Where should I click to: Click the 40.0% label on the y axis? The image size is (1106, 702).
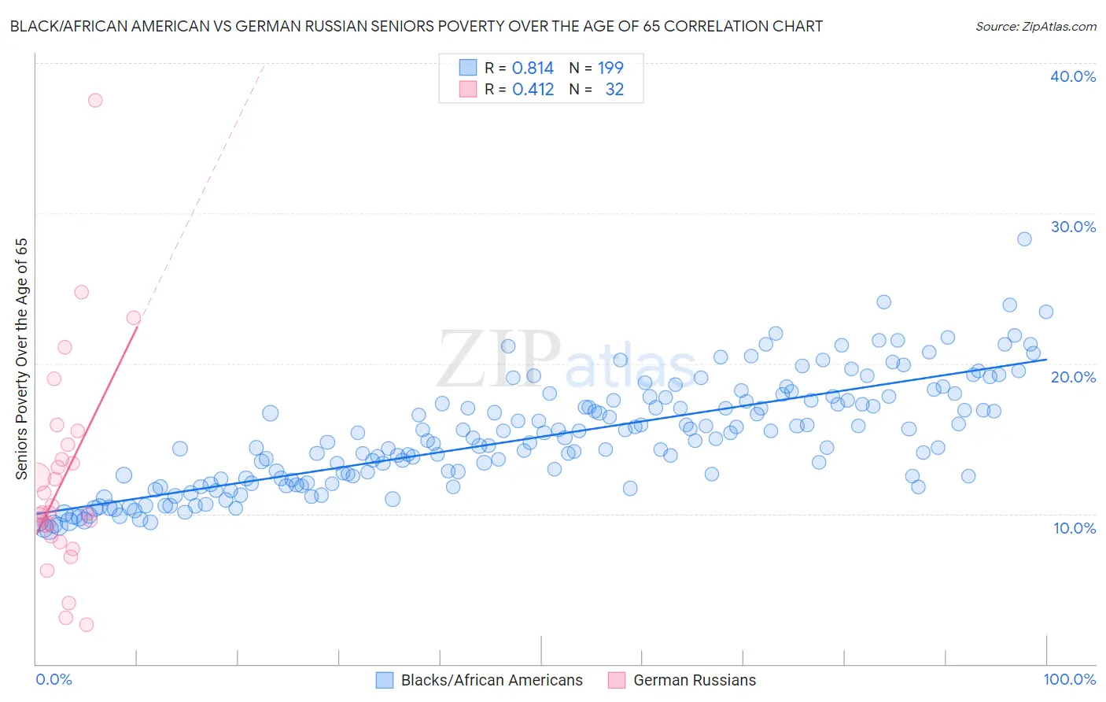pos(1072,76)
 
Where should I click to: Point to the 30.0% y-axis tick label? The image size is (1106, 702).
pos(1072,227)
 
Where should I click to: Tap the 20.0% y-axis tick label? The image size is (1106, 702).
pos(1072,377)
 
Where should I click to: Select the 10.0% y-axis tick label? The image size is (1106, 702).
pos(1074,527)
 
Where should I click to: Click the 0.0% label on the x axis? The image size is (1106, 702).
pos(53,679)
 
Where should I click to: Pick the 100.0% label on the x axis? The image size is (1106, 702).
pos(1069,679)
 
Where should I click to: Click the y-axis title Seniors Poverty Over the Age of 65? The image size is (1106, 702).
pos(21,359)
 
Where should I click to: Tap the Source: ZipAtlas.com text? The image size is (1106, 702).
pos(1035,26)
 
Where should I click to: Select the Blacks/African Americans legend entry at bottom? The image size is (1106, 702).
pos(492,680)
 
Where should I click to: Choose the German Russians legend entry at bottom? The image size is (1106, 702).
pos(694,680)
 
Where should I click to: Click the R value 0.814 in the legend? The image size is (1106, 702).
pos(533,68)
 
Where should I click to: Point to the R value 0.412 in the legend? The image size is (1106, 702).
pos(533,90)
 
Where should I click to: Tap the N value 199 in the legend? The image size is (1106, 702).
pos(610,68)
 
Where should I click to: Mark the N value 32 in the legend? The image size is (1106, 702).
pos(614,90)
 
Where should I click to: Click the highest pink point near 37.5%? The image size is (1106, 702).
pos(95,100)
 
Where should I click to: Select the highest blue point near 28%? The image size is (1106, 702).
pos(1024,239)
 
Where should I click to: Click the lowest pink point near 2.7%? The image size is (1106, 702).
pos(87,625)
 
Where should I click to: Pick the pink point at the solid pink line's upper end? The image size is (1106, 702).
pos(134,318)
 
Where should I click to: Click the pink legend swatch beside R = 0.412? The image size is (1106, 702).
pos(468,89)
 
